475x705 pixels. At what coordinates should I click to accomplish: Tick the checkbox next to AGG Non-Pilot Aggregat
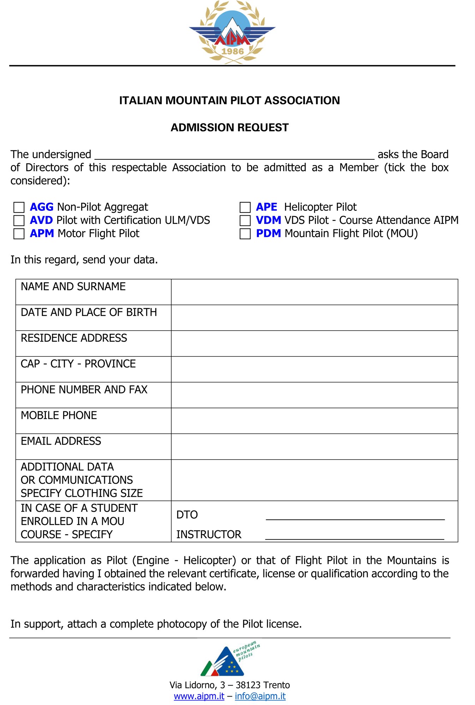coord(19,207)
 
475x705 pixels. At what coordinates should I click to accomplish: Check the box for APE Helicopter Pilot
coord(245,207)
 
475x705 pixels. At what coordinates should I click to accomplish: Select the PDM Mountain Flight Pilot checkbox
coord(245,234)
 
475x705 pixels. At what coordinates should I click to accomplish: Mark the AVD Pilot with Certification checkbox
coord(19,221)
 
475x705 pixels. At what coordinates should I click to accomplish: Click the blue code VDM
coord(268,220)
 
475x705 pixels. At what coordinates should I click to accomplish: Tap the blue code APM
coord(42,233)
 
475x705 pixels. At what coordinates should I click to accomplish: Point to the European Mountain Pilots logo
coord(230,659)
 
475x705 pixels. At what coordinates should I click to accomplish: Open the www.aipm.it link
coord(199,696)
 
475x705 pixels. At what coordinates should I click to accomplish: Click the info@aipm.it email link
coord(260,696)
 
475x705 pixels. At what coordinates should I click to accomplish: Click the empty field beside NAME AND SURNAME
coord(314,292)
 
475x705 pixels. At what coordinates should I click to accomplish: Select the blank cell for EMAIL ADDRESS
coord(314,447)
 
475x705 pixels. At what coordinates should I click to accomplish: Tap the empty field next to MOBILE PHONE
coord(314,421)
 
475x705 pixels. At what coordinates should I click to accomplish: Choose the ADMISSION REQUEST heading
coord(230,128)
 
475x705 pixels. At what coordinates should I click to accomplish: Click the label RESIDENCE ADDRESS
coord(74,338)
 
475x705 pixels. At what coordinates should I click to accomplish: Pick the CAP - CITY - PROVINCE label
coord(78,364)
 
